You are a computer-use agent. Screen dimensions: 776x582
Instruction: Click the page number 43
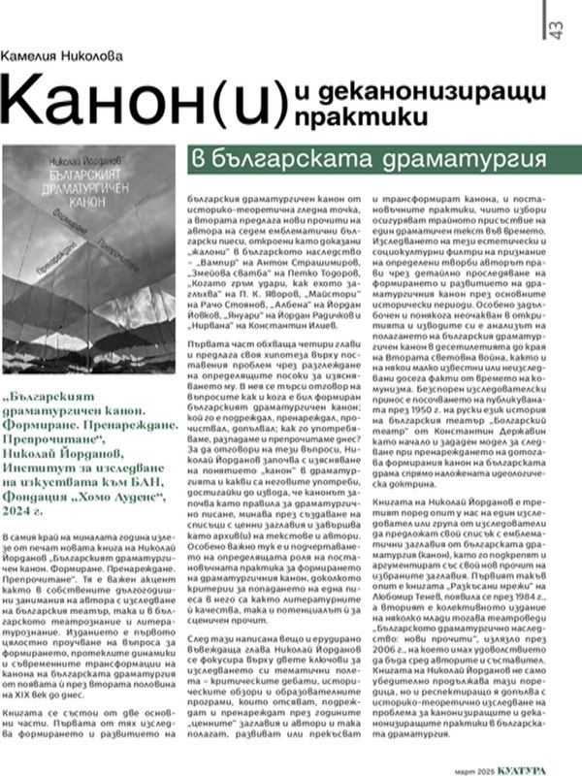pyautogui.click(x=556, y=28)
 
